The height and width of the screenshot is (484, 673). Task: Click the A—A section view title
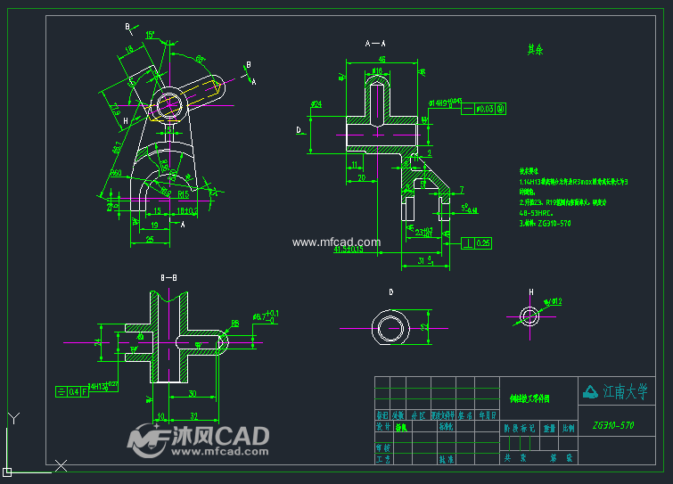(375, 43)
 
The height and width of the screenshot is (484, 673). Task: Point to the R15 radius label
(183, 193)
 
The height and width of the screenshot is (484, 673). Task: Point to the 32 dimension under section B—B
(193, 416)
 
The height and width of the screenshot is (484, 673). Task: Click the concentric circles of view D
(391, 327)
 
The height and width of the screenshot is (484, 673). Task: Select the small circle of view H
(531, 315)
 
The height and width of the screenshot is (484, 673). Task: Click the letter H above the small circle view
(530, 292)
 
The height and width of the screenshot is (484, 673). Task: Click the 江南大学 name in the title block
(624, 391)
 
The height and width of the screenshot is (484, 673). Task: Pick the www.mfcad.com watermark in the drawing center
(336, 242)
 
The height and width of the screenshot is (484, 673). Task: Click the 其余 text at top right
(535, 50)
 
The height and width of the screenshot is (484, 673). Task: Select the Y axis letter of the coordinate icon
(12, 417)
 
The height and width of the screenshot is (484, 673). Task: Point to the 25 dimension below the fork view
(150, 240)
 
